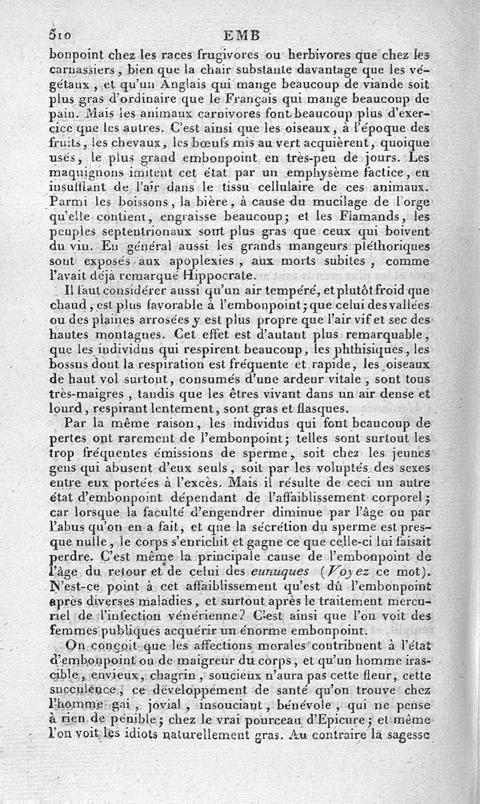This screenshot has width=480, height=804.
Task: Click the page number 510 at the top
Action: pos(61,34)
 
